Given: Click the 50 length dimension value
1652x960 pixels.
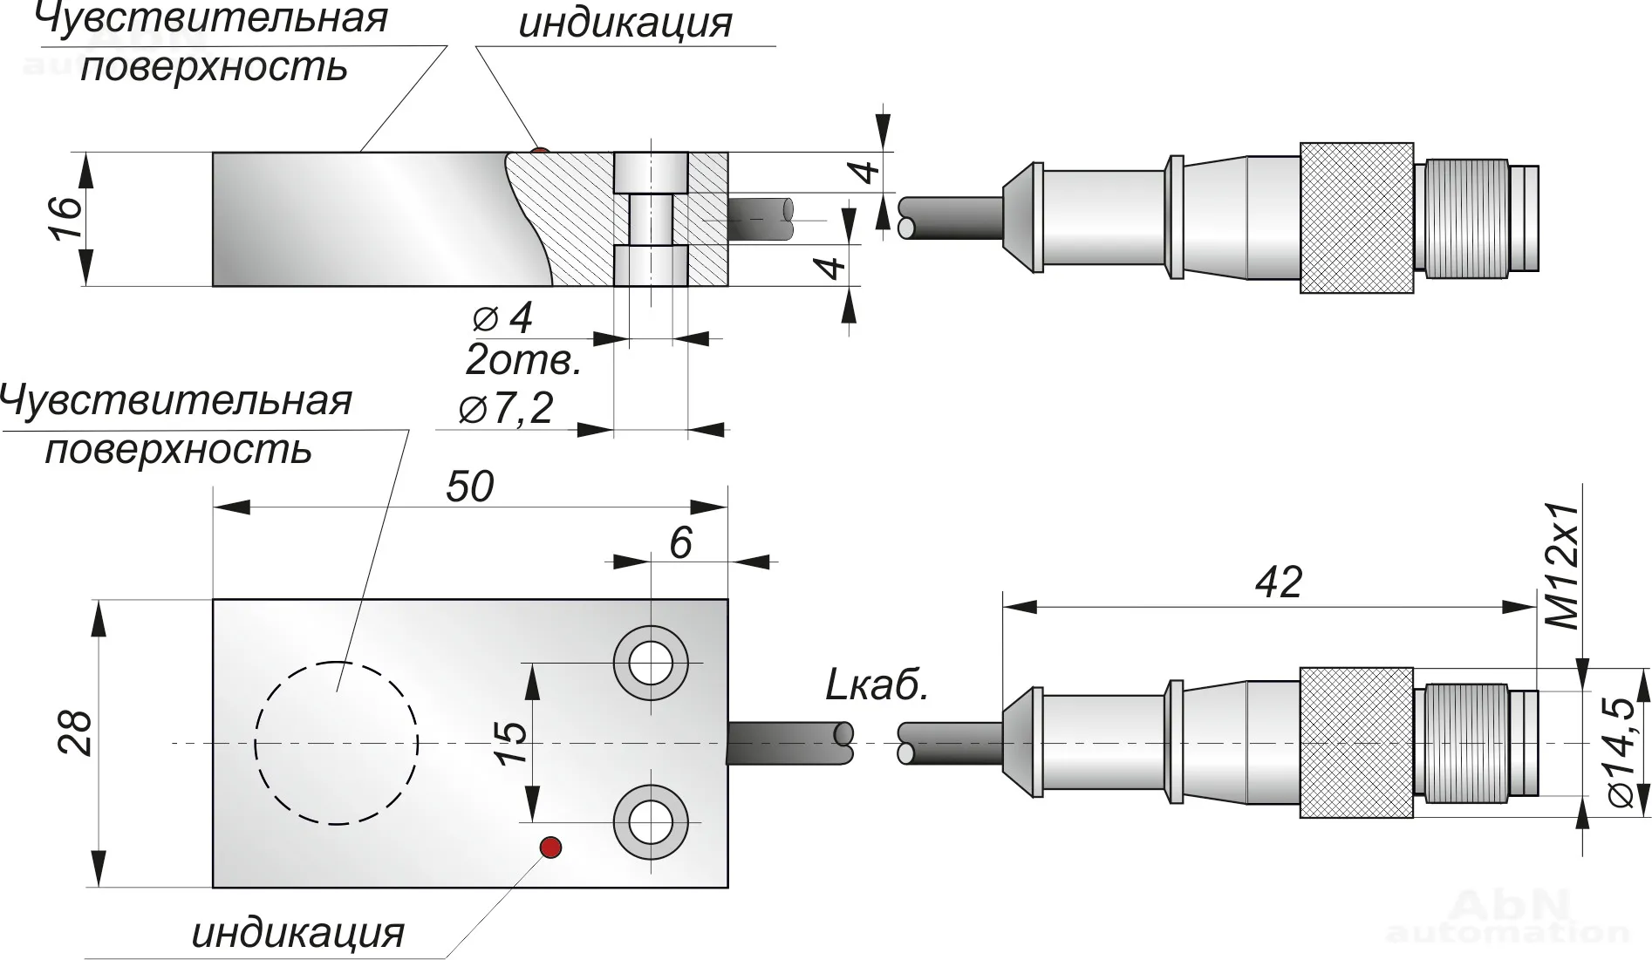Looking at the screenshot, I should point(469,487).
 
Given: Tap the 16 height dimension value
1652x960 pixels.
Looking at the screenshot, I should point(67,218).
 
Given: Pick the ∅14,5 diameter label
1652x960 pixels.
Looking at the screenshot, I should point(1622,752).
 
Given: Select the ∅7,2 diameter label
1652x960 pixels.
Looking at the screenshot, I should point(507,408).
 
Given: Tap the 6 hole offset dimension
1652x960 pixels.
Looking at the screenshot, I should point(680,542).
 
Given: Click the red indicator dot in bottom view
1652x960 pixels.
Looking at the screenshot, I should point(550,847).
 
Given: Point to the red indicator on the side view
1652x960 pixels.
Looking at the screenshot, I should point(541,152).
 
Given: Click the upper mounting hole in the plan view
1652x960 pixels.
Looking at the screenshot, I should point(651,663).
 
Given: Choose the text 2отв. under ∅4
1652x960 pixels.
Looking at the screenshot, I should point(523,360).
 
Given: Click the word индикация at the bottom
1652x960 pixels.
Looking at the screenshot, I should point(298,933).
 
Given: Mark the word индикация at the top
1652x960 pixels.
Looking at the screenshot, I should point(625,24).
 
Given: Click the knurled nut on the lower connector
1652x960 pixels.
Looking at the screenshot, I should point(1356,743).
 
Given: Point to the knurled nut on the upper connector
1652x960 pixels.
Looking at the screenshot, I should point(1356,218).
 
